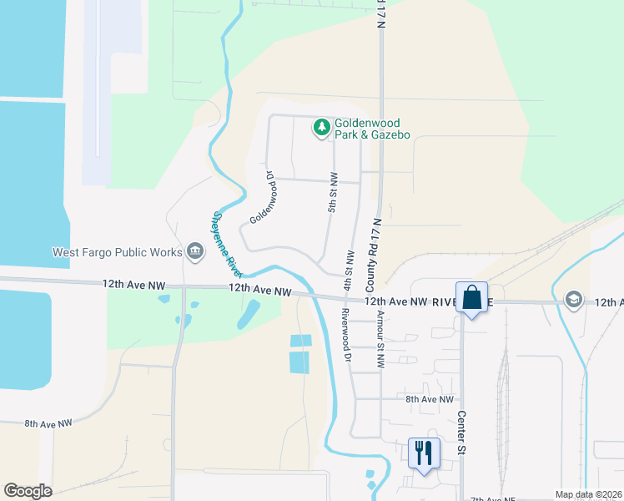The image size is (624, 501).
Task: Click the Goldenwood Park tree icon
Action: (321, 128)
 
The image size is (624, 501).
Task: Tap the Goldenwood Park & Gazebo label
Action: (372, 129)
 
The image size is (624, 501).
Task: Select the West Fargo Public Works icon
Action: (195, 250)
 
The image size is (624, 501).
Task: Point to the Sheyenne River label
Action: (226, 244)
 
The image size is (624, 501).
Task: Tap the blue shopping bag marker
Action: (472, 298)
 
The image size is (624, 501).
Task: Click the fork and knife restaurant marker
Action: (423, 453)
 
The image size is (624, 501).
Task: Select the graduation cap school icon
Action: (574, 299)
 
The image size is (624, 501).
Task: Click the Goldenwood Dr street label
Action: (263, 199)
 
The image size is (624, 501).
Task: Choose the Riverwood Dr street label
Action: (344, 334)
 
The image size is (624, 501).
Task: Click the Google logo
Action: (28, 491)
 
